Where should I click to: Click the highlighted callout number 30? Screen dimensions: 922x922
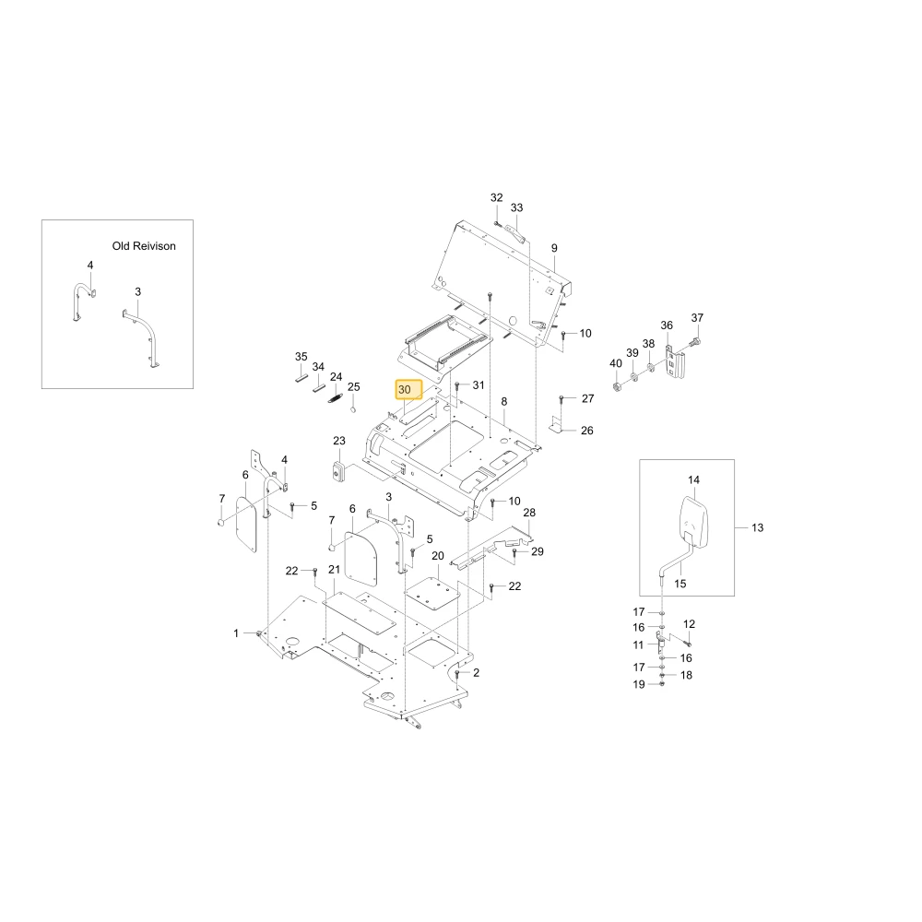tap(405, 389)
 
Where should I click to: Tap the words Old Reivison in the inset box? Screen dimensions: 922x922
tap(144, 246)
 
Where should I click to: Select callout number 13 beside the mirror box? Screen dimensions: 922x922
tap(757, 527)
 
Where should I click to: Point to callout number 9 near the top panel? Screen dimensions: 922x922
tap(554, 248)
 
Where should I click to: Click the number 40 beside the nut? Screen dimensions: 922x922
tap(616, 363)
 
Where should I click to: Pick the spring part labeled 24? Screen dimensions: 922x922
tap(335, 398)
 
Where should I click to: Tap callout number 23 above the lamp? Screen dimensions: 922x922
tap(339, 441)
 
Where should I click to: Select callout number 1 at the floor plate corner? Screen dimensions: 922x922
tap(236, 633)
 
